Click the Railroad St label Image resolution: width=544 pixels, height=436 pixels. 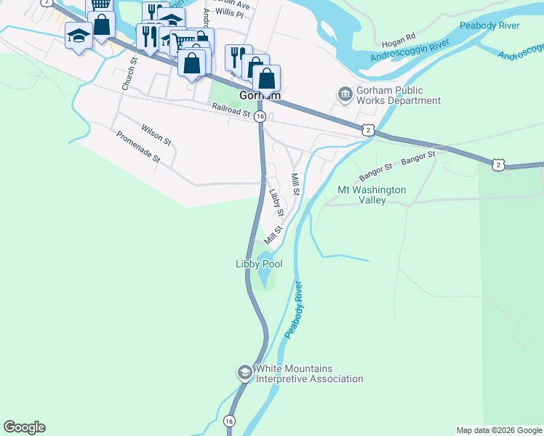click(231, 110)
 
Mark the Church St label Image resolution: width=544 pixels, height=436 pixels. click(129, 75)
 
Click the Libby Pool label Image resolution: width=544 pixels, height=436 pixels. click(259, 265)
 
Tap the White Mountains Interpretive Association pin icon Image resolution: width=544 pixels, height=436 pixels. click(244, 373)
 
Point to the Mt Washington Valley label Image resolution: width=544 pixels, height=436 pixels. click(372, 195)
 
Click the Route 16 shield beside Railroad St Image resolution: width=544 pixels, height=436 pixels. click(260, 125)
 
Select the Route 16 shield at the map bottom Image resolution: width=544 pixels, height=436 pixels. click(230, 421)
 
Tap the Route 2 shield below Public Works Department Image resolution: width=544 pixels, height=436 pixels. click(369, 129)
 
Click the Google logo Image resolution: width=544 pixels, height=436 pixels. click(24, 427)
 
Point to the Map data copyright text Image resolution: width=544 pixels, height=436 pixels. click(499, 430)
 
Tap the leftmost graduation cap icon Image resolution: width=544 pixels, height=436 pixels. click(79, 35)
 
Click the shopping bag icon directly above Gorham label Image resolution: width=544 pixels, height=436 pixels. click(267, 78)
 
